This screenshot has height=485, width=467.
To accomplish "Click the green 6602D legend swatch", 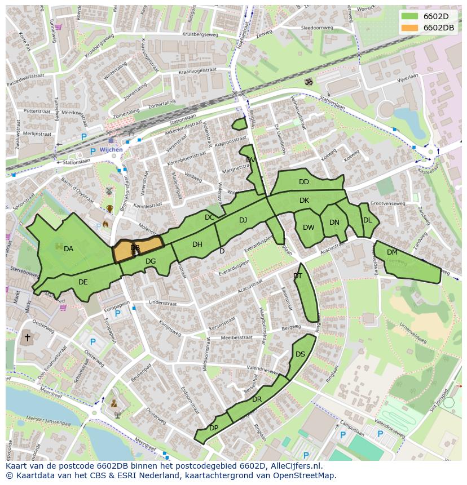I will [x=409, y=16].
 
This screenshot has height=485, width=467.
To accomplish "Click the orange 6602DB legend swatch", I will [x=409, y=28].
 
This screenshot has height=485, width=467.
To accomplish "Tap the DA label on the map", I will [x=68, y=249].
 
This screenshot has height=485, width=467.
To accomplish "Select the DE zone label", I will [x=83, y=282].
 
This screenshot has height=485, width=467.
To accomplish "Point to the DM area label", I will [x=392, y=252].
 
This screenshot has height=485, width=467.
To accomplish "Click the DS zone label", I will [x=300, y=354].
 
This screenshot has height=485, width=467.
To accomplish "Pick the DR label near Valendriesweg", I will [x=257, y=399].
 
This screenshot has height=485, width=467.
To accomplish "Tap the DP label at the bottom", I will [x=214, y=428].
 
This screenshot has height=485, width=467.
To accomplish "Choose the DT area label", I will [x=298, y=276].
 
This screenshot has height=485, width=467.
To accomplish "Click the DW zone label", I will [x=309, y=228].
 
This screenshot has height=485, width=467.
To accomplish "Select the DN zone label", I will [x=334, y=223].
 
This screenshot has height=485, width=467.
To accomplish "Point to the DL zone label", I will [x=367, y=220].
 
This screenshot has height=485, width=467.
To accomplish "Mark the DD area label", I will [x=304, y=182].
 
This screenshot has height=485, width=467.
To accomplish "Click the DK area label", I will [x=304, y=201].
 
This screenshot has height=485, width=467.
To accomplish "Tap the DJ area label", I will [x=243, y=220].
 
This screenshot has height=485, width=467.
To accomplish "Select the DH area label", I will [x=197, y=244].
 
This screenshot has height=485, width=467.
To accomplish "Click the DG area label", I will [x=151, y=261].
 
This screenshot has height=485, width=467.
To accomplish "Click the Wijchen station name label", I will [x=111, y=150].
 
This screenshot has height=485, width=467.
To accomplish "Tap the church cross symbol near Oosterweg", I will [x=27, y=339].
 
